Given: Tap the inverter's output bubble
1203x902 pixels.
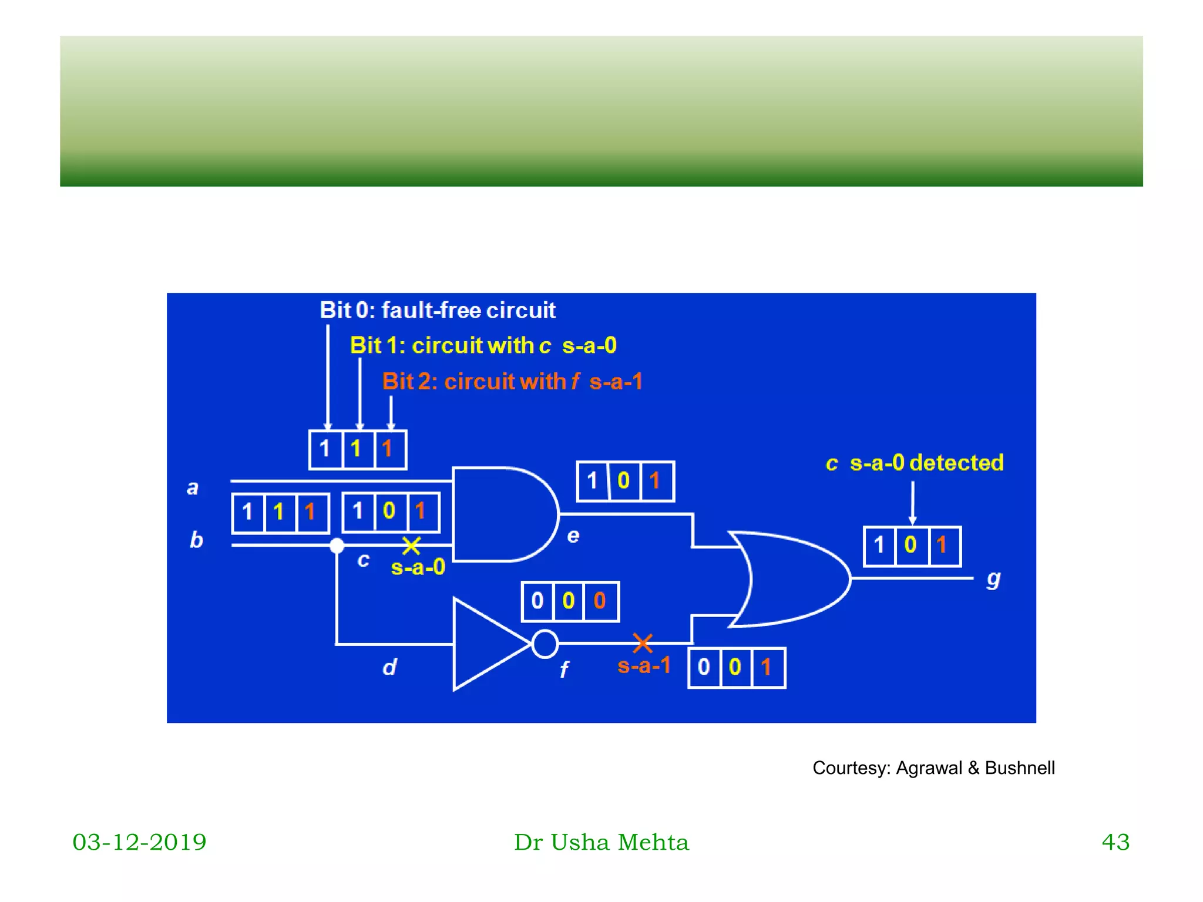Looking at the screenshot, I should pyautogui.click(x=545, y=644).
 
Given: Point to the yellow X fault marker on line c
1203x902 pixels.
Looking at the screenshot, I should pyautogui.click(x=411, y=546).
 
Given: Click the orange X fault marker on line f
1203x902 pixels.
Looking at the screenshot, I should pyautogui.click(x=643, y=643).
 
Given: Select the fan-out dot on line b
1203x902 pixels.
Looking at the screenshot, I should pyautogui.click(x=337, y=546).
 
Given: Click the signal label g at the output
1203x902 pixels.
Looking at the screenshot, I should pyautogui.click(x=993, y=579).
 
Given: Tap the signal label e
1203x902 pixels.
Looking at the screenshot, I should pyautogui.click(x=573, y=536).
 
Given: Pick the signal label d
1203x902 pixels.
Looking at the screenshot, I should pyautogui.click(x=389, y=667).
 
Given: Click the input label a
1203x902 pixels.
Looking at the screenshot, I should pyautogui.click(x=193, y=487).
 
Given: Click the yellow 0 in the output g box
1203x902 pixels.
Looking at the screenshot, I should pyautogui.click(x=910, y=546).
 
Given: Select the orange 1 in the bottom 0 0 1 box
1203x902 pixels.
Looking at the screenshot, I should pyautogui.click(x=766, y=668).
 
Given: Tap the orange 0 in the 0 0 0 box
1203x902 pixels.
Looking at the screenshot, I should pyautogui.click(x=600, y=601).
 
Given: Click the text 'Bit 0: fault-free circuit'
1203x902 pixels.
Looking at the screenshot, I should pyautogui.click(x=438, y=310).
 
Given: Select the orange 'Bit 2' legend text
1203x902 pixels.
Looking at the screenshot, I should pyautogui.click(x=512, y=382).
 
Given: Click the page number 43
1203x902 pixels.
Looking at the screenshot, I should pyautogui.click(x=1115, y=842).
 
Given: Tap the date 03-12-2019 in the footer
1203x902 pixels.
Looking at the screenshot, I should pyautogui.click(x=139, y=842).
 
